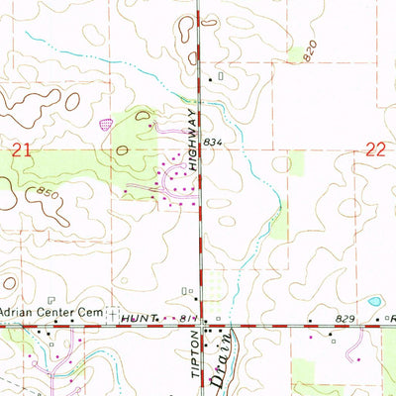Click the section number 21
21,148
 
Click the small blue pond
373,300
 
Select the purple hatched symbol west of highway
106,124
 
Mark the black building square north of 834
209,79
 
